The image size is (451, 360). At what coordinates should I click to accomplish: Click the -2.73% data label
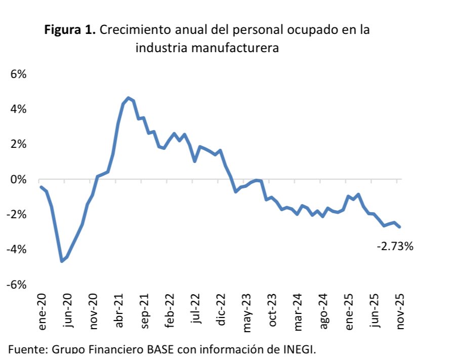click(x=395, y=247)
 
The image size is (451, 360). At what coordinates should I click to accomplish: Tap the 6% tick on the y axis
click(x=18, y=74)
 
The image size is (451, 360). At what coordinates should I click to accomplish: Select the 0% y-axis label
click(x=18, y=180)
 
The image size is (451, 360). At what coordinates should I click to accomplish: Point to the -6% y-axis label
click(x=16, y=285)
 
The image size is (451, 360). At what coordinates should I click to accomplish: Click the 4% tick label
click(x=18, y=109)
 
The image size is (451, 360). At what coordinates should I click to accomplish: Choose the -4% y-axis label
click(x=16, y=250)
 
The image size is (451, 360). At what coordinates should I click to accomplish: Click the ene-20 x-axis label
click(x=42, y=312)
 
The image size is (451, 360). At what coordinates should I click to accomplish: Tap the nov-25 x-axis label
click(x=400, y=312)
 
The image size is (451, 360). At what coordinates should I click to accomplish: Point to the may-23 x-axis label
click(x=247, y=313)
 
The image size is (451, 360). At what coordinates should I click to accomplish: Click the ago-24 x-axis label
click(x=324, y=312)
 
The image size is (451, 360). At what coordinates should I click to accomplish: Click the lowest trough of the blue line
click(x=62, y=261)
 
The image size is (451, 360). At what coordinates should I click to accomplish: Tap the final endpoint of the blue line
click(x=399, y=227)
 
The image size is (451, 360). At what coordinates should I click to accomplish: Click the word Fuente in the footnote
click(x=25, y=349)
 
